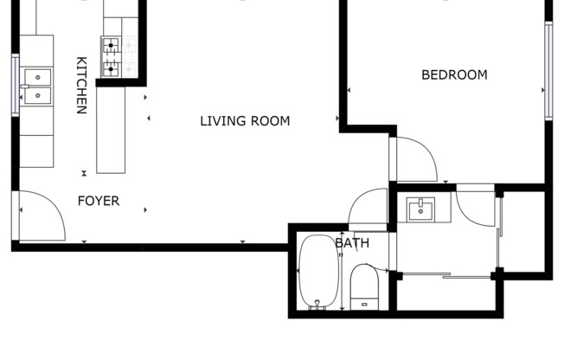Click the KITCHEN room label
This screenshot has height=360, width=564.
click(x=81, y=86)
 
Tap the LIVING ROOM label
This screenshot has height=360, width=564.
click(x=245, y=121)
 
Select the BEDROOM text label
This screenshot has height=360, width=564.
click(x=454, y=75)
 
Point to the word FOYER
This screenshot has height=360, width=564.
click(x=99, y=202)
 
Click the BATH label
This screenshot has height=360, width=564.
click(x=352, y=244)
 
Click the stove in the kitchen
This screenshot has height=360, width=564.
click(x=112, y=57)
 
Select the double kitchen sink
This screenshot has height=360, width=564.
click(x=38, y=88)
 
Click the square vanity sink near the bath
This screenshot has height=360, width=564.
click(x=422, y=209)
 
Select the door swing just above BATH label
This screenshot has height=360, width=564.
click(x=369, y=208)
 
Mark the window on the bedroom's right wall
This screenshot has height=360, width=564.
click(x=548, y=69)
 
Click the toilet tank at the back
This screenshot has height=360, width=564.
click(x=362, y=303)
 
